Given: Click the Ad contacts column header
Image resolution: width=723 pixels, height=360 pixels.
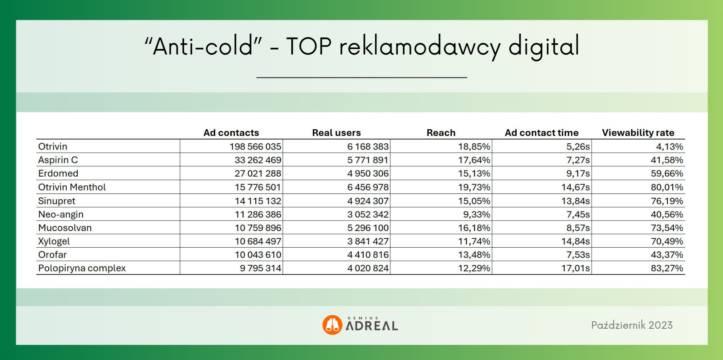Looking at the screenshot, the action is click(x=231, y=132).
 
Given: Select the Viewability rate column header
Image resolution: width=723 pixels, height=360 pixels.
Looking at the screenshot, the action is click(x=638, y=132).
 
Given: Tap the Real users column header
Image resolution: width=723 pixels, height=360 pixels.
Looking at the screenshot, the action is click(x=336, y=132).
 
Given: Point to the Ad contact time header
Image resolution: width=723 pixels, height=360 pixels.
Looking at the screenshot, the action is click(x=541, y=132).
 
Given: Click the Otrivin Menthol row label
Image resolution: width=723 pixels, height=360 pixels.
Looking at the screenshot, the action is click(x=72, y=187).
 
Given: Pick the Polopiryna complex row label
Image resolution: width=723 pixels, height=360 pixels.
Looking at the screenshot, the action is click(x=82, y=268).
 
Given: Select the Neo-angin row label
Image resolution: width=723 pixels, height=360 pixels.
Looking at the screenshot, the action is click(x=61, y=214).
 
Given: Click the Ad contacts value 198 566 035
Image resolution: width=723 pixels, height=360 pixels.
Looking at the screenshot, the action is click(x=255, y=146).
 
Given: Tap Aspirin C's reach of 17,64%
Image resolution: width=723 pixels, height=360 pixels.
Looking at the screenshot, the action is click(x=474, y=160).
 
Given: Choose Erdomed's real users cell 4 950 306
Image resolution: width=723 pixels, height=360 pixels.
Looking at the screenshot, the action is click(x=368, y=173).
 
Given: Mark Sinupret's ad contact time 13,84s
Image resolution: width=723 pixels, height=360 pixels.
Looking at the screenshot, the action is click(x=576, y=201).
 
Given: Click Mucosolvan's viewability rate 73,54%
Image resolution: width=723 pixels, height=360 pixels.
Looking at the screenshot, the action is click(x=667, y=228).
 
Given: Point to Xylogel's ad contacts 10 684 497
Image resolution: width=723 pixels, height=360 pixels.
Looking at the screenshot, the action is click(x=258, y=241).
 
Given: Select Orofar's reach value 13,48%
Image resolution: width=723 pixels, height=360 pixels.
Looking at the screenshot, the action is click(x=474, y=255).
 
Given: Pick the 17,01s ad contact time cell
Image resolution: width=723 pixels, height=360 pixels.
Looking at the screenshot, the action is click(x=576, y=268).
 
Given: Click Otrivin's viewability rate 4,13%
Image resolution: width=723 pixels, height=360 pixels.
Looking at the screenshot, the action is click(x=670, y=146).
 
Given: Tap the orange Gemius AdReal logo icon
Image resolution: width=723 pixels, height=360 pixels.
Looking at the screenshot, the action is click(x=332, y=325).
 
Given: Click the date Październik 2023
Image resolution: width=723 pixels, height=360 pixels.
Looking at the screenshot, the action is click(x=632, y=325).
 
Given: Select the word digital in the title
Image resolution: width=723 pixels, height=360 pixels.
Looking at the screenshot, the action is click(x=544, y=47).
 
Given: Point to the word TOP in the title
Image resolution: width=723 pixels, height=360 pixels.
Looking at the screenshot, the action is click(x=309, y=47).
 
